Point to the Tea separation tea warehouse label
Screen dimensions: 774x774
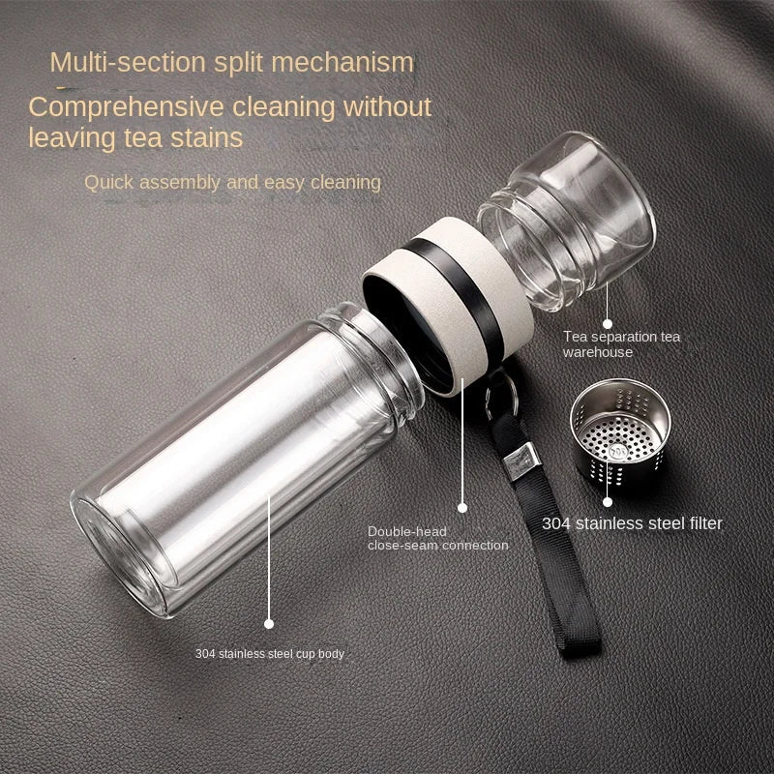[x=622, y=344]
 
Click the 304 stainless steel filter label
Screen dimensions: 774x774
[x=632, y=523]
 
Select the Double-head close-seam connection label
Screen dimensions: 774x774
[x=437, y=538]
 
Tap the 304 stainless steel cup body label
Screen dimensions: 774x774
[x=269, y=654]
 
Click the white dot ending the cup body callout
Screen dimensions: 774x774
[x=269, y=625]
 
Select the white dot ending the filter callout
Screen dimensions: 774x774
[x=608, y=501]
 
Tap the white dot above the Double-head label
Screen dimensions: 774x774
[x=462, y=506]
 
